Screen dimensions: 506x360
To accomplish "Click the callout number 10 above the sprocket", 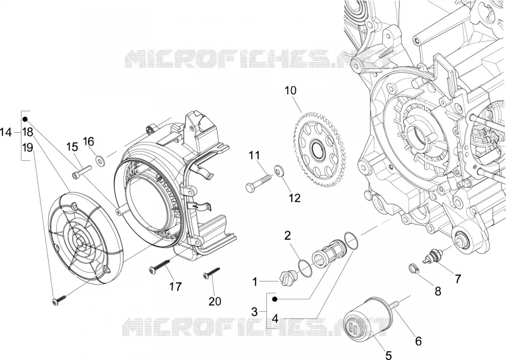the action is coord(290,90).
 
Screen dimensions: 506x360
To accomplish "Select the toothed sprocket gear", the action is coord(319,149).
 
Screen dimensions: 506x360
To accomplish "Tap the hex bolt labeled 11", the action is coord(259,183).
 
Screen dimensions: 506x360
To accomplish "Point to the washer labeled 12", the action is coord(278,171).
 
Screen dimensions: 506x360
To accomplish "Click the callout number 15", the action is coord(72,147).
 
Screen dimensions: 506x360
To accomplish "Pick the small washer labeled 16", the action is coord(100,161).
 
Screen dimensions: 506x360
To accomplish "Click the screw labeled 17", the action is coord(159,267).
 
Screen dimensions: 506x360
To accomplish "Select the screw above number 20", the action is coord(211,272).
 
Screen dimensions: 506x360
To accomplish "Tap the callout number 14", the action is coord(6,132).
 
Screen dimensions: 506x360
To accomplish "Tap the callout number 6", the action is coord(418,341).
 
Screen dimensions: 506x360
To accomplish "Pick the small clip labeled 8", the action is coord(413,268).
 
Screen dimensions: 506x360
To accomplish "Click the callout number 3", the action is coord(255,312).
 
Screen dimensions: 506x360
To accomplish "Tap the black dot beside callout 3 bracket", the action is coord(275,299).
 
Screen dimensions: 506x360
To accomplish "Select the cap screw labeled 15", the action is coord(82,171).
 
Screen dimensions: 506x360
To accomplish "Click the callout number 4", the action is coord(275,319).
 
